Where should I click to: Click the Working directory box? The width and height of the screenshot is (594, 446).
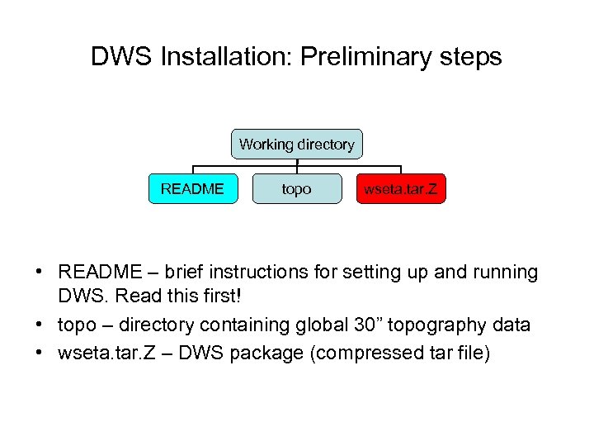coord(297,145)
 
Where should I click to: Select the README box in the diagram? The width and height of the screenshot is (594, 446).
coord(192,189)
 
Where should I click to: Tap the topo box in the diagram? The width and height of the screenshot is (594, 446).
coord(297,189)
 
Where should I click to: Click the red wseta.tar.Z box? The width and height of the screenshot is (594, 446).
coord(401,189)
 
